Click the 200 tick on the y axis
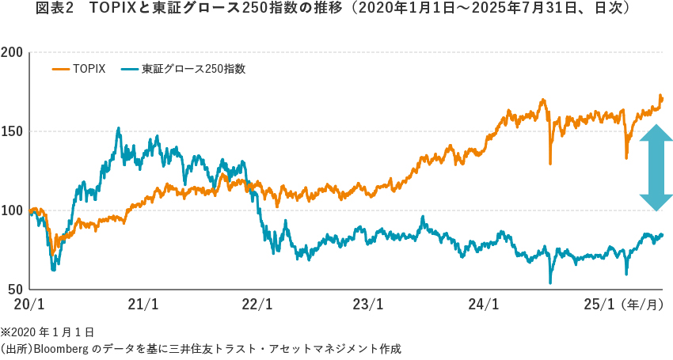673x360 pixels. (12, 52)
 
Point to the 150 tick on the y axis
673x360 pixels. (12, 131)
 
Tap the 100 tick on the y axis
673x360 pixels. (12, 210)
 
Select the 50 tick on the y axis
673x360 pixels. (15, 290)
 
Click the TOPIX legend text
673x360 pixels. (89, 69)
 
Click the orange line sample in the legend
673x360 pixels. (61, 69)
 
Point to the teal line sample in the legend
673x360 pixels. (130, 69)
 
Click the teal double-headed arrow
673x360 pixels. (656, 168)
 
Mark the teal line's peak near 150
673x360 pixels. (119, 128)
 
